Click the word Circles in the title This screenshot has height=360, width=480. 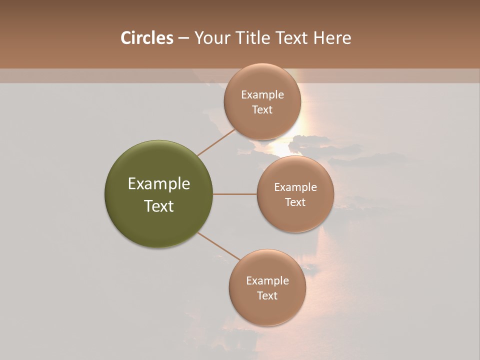pos(146,38)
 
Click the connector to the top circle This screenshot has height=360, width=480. pos(216,142)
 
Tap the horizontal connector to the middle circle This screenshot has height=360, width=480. pos(235,194)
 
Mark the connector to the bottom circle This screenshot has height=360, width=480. pos(219,246)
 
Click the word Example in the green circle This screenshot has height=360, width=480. pos(159,184)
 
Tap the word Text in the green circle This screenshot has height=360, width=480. pos(159,206)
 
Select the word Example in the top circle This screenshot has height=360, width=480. pos(262,95)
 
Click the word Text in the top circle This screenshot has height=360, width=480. pos(262,109)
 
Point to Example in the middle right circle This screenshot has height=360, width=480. pos(295,187)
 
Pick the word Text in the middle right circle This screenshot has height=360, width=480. pos(295,202)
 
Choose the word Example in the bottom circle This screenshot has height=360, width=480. pos(267,281)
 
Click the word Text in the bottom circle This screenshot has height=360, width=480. pos(267,295)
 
